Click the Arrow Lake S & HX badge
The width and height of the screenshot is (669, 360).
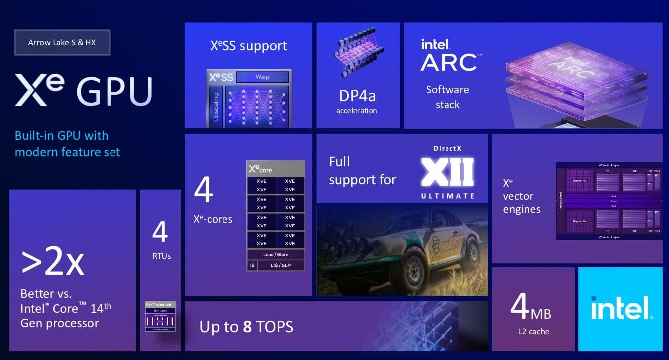tap(62, 43)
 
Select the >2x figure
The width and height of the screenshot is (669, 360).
tap(52, 262)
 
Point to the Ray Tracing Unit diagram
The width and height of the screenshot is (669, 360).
tap(160, 317)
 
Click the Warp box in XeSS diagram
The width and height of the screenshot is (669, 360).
tap(262, 77)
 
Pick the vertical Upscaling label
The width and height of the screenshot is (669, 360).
tap(216, 107)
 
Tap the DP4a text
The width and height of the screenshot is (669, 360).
tap(357, 96)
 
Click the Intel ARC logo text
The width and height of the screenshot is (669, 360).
tap(448, 56)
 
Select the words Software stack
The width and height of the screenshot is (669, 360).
tap(447, 97)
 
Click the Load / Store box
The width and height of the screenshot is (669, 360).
tap(275, 255)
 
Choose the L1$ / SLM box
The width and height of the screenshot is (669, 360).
tap(280, 266)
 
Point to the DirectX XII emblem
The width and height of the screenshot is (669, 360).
tap(447, 172)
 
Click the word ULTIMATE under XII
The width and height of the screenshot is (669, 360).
tap(447, 196)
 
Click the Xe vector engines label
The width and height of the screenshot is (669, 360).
tap(521, 197)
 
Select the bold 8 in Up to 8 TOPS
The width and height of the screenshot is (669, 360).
tap(247, 327)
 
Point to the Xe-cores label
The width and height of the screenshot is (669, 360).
tap(213, 219)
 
